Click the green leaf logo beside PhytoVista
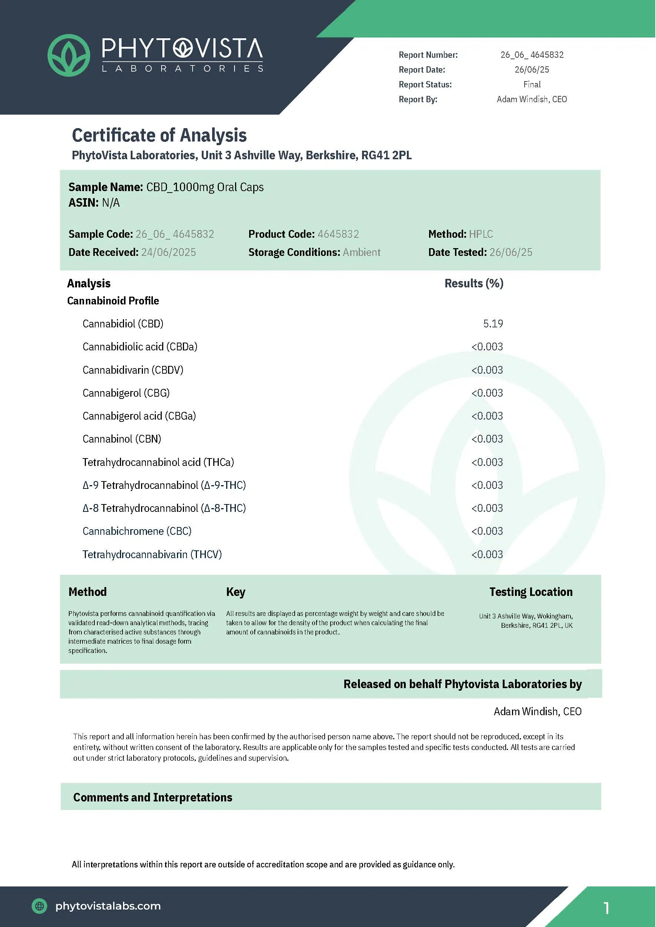(68, 55)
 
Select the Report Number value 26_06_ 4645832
(532, 54)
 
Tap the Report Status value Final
(532, 84)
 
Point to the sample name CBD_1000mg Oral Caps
(205, 187)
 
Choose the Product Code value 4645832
(338, 234)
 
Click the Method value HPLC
(481, 234)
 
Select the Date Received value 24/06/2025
(168, 252)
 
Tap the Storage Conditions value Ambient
(362, 252)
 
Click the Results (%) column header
(474, 283)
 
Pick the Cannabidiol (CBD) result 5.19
(493, 324)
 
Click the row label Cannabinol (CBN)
(121, 439)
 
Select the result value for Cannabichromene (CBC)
(487, 531)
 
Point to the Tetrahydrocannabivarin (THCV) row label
(152, 554)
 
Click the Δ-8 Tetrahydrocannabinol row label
(164, 508)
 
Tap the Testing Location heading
(531, 592)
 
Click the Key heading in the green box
(235, 592)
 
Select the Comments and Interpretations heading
(153, 797)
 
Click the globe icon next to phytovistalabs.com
(39, 906)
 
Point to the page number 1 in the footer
(606, 908)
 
